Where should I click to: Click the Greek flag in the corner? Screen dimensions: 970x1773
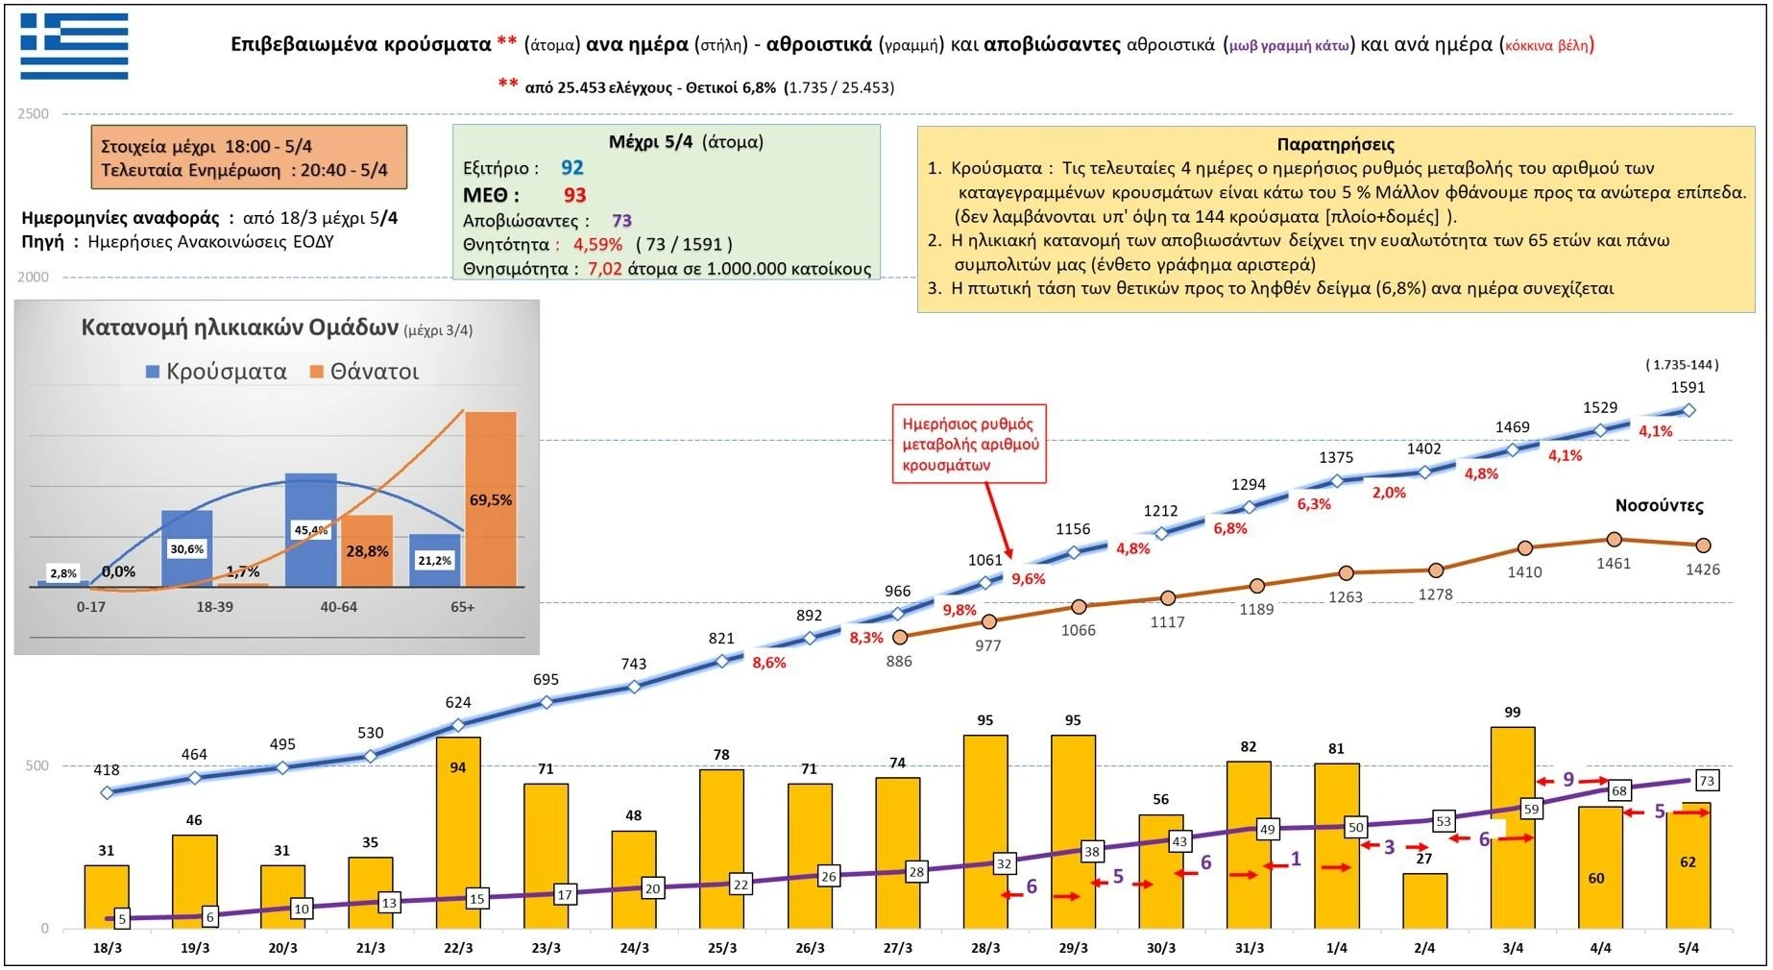[x=74, y=45]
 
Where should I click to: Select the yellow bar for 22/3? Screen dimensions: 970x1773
[x=458, y=832]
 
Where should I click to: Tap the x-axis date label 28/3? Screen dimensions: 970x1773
[x=985, y=948]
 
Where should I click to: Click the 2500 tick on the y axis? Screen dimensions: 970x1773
[x=34, y=114]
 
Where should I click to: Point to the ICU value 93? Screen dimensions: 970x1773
[x=574, y=195]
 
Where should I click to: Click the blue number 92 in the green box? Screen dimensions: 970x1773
[x=572, y=168]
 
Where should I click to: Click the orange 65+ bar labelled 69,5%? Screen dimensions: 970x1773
[x=491, y=498]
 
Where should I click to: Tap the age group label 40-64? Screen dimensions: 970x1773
[x=338, y=607]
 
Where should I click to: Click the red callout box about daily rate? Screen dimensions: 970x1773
[x=969, y=444]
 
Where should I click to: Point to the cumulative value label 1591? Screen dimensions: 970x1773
[x=1688, y=387]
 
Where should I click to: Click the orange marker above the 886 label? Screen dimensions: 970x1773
[x=900, y=637]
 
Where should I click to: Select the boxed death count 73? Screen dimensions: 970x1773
[x=1707, y=780]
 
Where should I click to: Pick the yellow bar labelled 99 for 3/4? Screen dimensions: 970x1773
[x=1513, y=827]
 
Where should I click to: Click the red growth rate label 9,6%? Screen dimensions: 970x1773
[x=1028, y=579]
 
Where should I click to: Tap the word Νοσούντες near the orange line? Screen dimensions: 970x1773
[x=1659, y=506]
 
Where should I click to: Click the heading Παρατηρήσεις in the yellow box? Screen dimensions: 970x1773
[x=1335, y=144]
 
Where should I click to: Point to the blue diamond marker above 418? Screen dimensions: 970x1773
[x=108, y=792]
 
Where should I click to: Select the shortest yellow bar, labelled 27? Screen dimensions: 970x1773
[x=1424, y=901]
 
